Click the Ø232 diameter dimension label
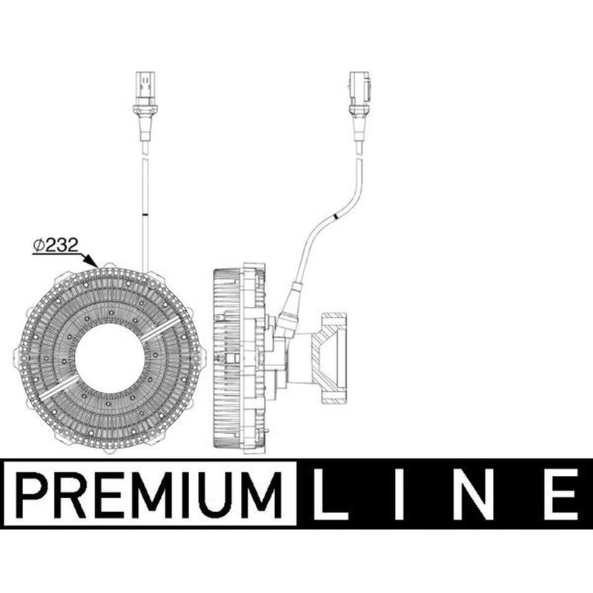coord(56,245)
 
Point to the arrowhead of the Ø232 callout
coord(95,263)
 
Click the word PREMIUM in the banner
coord(149,494)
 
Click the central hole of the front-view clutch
coord(110,358)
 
